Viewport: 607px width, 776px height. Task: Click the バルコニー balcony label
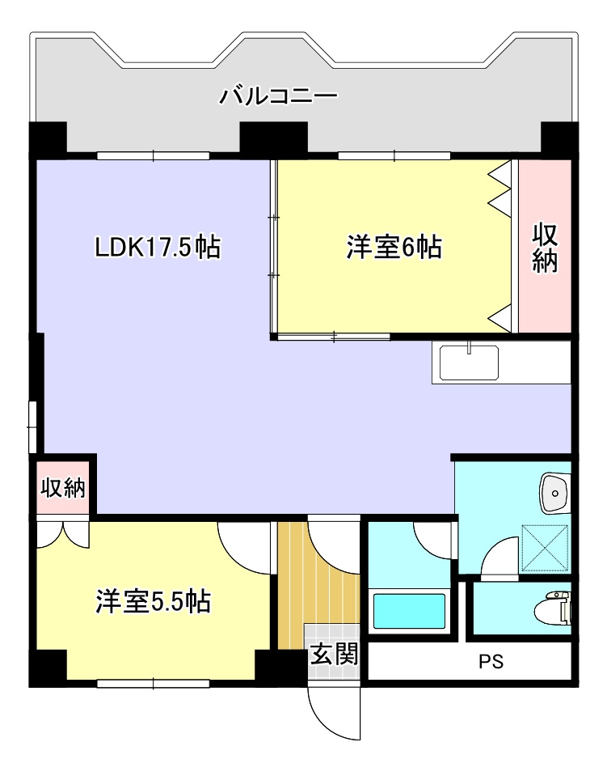click(x=278, y=95)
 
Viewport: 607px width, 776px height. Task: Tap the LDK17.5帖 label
click(x=158, y=247)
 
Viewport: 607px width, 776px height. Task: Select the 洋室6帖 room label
click(x=394, y=247)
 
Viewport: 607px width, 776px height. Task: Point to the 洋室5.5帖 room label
click(x=154, y=601)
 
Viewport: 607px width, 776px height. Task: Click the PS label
click(x=491, y=661)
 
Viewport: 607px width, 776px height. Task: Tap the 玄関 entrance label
click(x=334, y=655)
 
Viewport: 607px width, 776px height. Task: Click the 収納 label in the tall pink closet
click(x=545, y=248)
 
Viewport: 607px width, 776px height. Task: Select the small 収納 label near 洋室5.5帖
click(x=63, y=488)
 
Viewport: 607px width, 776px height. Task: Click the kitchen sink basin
click(x=469, y=363)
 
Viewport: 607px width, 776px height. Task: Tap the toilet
click(x=553, y=609)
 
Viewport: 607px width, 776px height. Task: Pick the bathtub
click(x=409, y=611)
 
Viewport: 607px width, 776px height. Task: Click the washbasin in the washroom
click(x=554, y=494)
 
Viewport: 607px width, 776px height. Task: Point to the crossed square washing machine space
click(x=546, y=549)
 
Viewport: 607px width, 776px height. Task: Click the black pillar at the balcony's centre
click(x=273, y=138)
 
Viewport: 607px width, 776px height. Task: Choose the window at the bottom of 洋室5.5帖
click(x=154, y=684)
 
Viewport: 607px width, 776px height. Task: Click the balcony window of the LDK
click(x=154, y=155)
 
